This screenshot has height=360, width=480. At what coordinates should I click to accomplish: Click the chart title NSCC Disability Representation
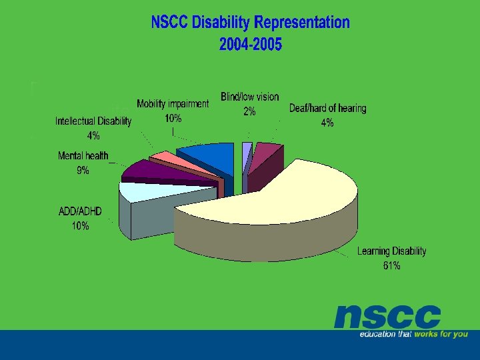(x=250, y=23)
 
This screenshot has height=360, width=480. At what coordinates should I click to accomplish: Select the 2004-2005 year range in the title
(x=250, y=45)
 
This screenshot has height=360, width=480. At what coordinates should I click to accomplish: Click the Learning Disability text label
(x=391, y=251)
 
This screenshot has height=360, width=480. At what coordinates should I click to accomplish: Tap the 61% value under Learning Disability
(x=391, y=266)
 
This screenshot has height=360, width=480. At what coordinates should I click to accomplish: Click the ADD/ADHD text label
(x=80, y=211)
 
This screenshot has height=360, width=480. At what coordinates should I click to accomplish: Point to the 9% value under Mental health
(x=83, y=171)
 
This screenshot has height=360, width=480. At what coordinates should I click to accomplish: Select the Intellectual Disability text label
(x=93, y=121)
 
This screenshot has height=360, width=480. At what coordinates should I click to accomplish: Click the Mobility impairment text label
(x=173, y=104)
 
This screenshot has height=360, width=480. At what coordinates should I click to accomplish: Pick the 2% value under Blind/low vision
(x=249, y=111)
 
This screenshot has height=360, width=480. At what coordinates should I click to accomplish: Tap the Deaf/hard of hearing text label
(x=327, y=108)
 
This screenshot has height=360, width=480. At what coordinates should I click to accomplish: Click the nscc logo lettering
(x=387, y=317)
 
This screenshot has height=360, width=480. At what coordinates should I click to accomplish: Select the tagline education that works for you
(x=413, y=334)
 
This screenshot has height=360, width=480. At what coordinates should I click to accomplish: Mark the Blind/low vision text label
(x=250, y=97)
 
